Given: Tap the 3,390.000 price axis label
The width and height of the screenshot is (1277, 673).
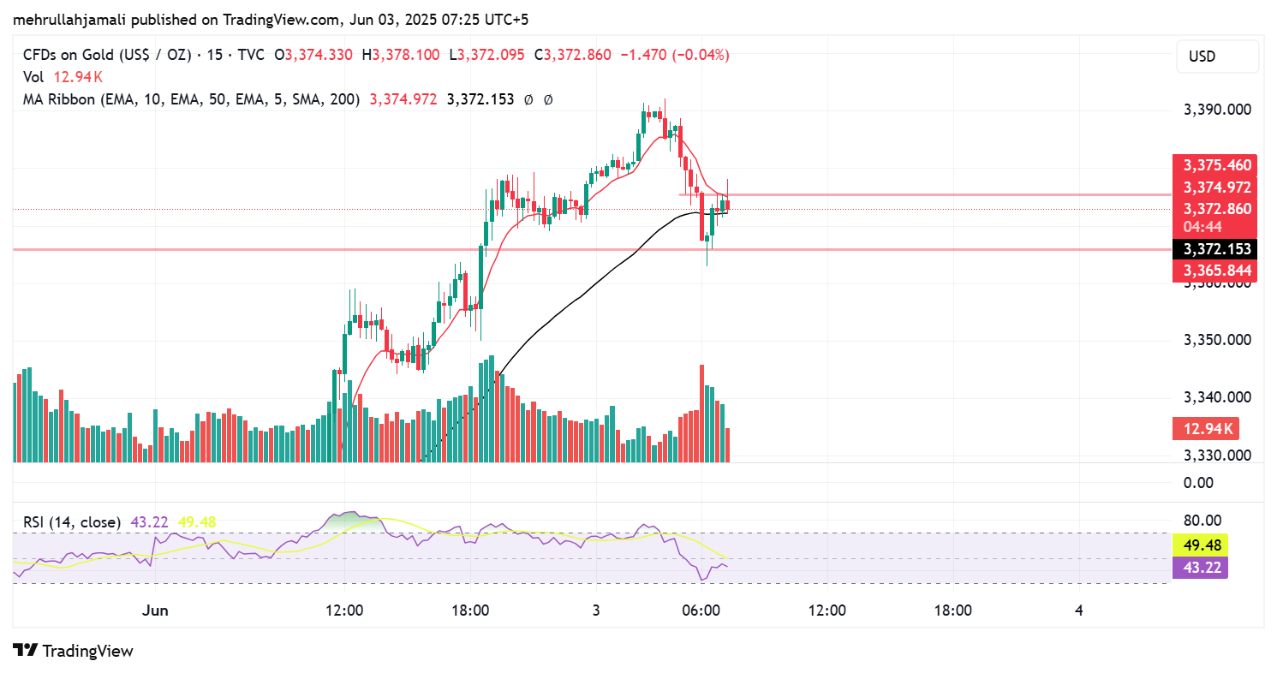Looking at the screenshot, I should (x=1216, y=110).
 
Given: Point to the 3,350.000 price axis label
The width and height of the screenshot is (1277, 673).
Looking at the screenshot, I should (x=1216, y=340).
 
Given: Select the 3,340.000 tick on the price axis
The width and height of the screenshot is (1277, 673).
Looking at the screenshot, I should (x=1216, y=397).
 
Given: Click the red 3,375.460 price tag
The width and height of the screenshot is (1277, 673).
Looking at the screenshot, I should (x=1217, y=165).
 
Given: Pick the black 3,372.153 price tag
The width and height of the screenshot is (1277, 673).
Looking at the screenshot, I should (x=1217, y=249).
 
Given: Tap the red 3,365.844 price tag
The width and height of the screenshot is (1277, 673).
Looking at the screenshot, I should (x=1217, y=271).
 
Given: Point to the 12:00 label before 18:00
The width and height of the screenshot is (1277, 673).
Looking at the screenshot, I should (x=345, y=610).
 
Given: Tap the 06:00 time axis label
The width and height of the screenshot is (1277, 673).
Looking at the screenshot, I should (x=700, y=610).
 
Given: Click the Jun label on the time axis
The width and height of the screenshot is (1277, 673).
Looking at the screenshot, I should (x=155, y=610).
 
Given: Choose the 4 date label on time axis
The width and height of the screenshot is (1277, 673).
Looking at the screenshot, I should (x=1079, y=610).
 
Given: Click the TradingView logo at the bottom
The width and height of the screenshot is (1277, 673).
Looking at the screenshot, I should (x=74, y=651).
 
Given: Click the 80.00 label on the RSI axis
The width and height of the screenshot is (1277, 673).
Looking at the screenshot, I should (x=1202, y=520).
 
